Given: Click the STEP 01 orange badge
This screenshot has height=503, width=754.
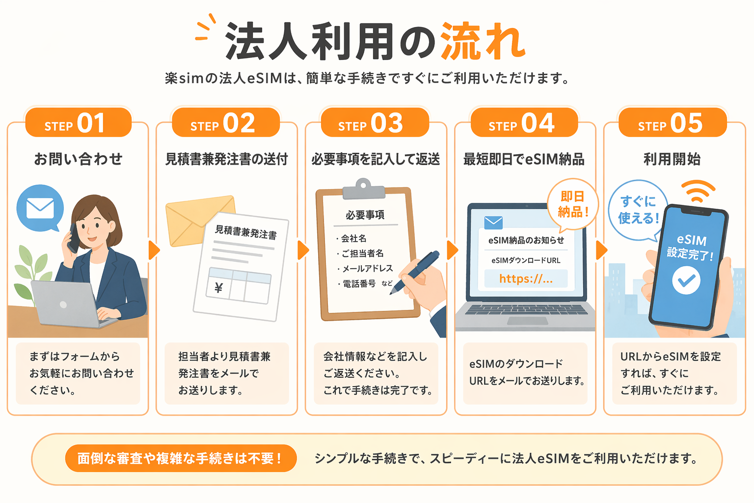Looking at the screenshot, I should point(79,123).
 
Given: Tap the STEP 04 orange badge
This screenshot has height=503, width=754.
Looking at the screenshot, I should point(524,123).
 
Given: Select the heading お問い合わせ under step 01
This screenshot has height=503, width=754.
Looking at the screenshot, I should point(78,159).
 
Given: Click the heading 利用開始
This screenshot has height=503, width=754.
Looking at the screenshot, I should point(672,159).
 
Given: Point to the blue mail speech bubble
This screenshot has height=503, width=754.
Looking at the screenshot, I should point(40,208).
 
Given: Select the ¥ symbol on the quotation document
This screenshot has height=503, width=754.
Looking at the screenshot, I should point(218,288).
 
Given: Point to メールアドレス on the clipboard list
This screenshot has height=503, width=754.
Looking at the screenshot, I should point(368,268).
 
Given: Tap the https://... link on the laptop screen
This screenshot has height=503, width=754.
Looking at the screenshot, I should point(526,279).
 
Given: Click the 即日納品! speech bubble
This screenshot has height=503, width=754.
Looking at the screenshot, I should point(572,204).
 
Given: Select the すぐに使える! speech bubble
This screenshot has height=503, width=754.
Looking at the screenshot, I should point(637,210).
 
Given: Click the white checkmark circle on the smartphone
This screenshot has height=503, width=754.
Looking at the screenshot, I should point(686,280).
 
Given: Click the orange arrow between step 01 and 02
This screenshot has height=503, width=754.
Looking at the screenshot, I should point(154,250).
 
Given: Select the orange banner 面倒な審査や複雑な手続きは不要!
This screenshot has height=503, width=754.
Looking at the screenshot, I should point(181,458).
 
